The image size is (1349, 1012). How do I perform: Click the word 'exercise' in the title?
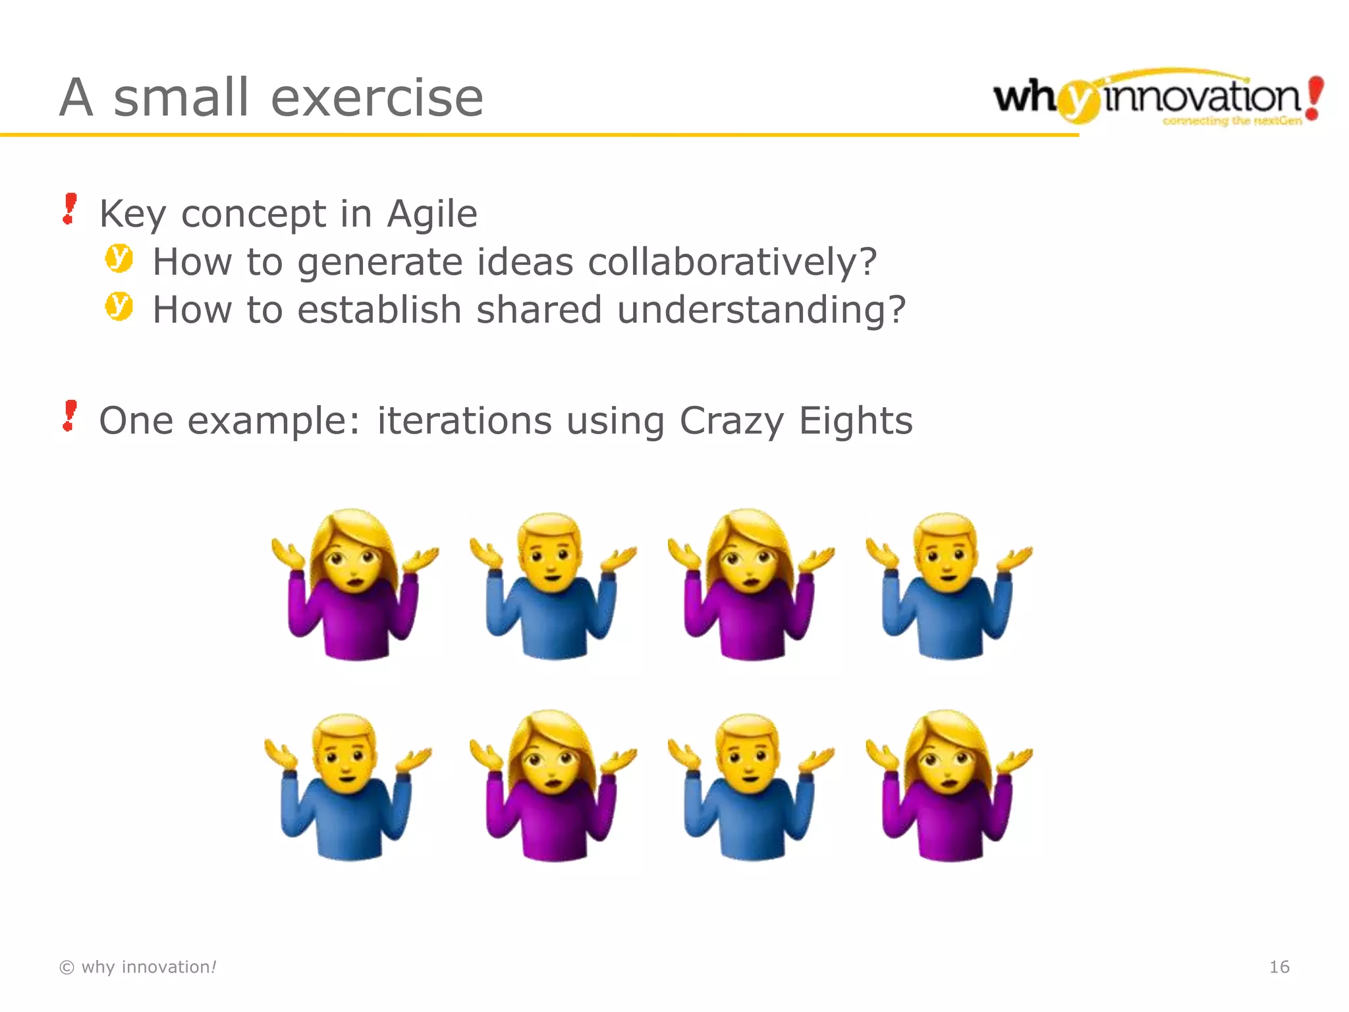click(377, 98)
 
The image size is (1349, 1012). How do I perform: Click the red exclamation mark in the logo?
click(1314, 98)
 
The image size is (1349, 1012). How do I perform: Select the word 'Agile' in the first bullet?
click(431, 214)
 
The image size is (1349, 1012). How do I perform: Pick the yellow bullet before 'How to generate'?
click(119, 258)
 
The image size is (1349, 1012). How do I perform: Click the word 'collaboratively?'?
click(732, 262)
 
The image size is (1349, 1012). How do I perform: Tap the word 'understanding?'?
click(761, 310)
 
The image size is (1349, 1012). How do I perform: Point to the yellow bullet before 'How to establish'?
click(119, 306)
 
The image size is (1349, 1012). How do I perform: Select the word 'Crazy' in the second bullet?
click(731, 421)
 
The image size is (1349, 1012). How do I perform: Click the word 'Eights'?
click(855, 421)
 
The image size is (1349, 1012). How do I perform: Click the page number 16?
click(1279, 967)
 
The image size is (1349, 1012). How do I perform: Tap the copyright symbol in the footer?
click(67, 967)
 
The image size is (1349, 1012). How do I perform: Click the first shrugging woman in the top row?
click(354, 584)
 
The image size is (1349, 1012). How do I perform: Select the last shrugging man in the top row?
click(949, 586)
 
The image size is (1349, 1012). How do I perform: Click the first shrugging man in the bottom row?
click(347, 787)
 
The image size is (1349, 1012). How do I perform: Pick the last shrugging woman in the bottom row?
click(949, 785)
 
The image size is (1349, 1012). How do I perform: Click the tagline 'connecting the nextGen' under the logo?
click(1232, 121)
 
